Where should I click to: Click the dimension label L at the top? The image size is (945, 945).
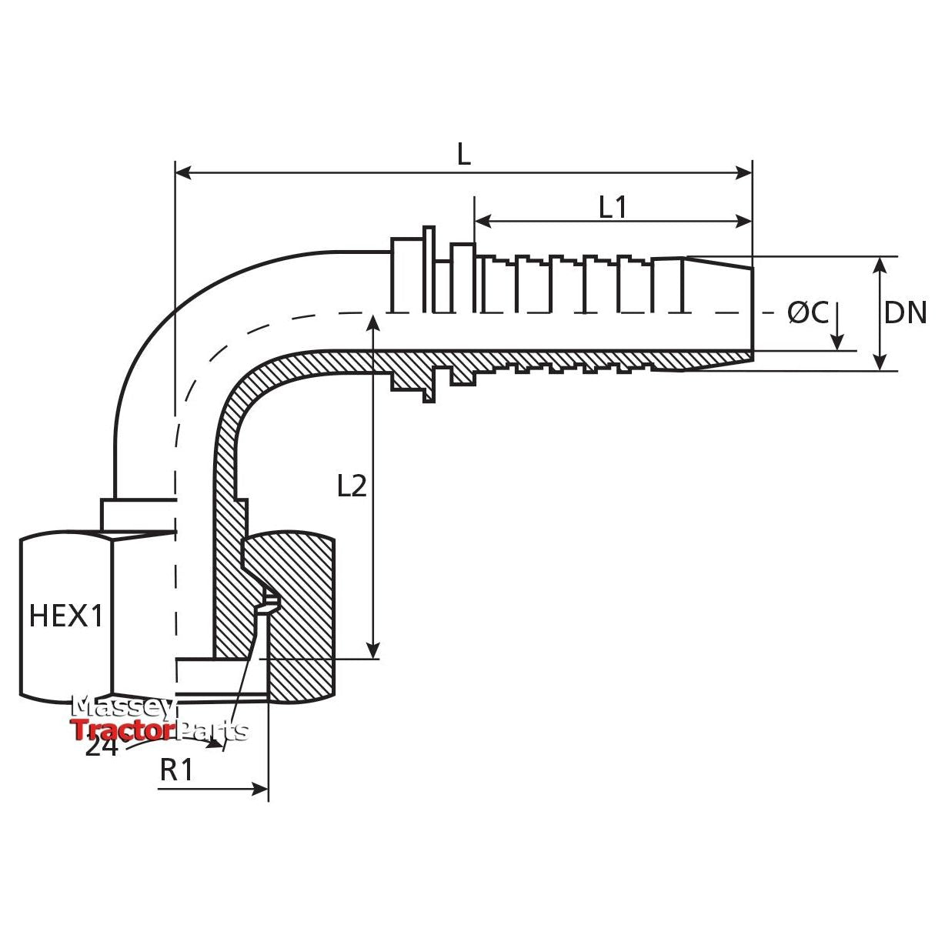(463, 155)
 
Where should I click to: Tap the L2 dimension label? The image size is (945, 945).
(352, 486)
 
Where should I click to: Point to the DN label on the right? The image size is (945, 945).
(905, 313)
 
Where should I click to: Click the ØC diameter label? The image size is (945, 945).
(807, 313)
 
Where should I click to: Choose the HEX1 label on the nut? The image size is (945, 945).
(65, 616)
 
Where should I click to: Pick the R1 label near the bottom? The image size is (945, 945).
(176, 770)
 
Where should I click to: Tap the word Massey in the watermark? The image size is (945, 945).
(123, 706)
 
